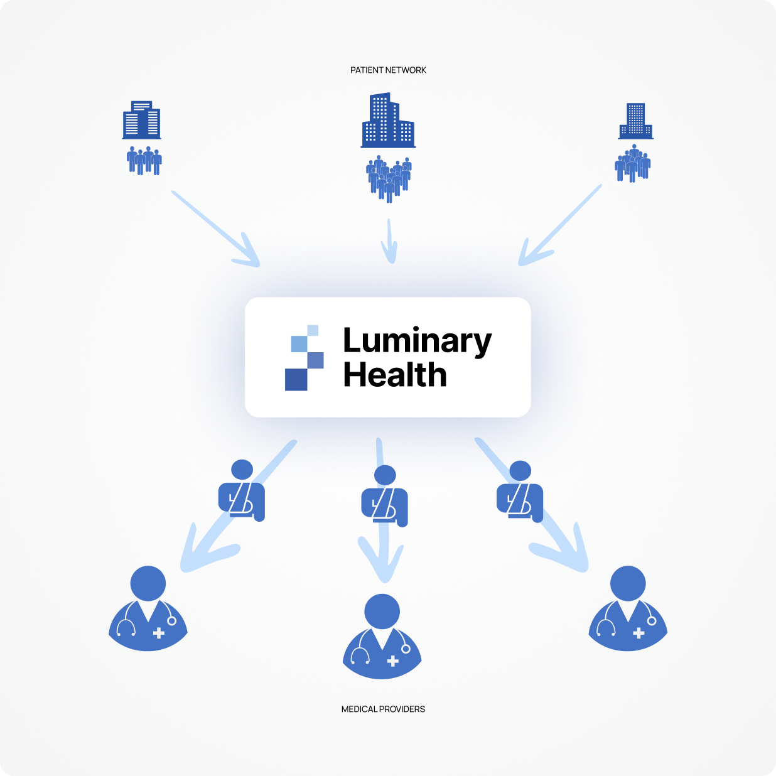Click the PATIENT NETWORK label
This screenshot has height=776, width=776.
(x=388, y=70)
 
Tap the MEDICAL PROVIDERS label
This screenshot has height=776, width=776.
(x=383, y=709)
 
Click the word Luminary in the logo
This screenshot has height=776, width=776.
(x=417, y=342)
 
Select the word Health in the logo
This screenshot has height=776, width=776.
(x=395, y=375)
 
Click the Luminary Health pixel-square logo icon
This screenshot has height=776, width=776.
(x=304, y=358)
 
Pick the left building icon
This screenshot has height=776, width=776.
(x=141, y=120)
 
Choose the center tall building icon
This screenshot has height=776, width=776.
(x=387, y=121)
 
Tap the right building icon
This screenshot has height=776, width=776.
(x=635, y=121)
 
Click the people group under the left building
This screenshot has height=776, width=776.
(x=144, y=161)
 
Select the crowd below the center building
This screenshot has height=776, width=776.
(x=389, y=178)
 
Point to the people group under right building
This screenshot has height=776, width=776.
(x=632, y=163)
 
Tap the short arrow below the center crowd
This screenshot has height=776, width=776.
(x=390, y=241)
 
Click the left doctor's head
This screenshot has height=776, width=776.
(x=148, y=583)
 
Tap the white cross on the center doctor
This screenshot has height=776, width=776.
(x=393, y=660)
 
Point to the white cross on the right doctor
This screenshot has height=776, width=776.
(x=639, y=633)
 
